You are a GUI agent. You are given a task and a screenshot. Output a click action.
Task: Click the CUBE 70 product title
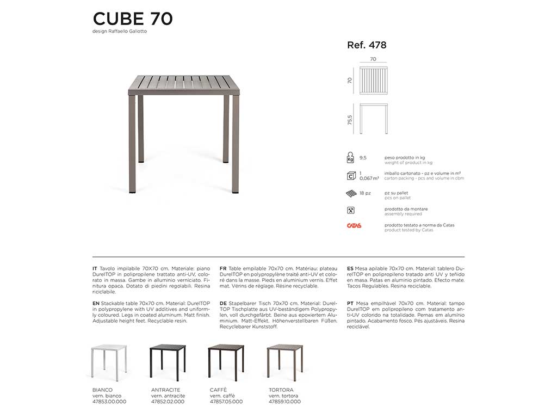click(x=133, y=19)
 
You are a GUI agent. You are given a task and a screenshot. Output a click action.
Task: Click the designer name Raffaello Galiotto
click(x=120, y=32)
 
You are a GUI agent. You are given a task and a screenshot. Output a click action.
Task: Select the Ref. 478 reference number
click(x=367, y=45)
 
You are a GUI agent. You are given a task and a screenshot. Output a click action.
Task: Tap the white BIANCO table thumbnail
click(x=109, y=362)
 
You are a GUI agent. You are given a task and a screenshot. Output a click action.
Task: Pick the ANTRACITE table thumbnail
click(x=167, y=362)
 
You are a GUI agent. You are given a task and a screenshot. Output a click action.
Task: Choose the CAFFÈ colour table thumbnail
click(x=226, y=362)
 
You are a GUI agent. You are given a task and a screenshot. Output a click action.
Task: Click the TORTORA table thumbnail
click(x=284, y=362)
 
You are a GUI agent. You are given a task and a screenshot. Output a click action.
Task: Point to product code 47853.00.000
click(x=109, y=402)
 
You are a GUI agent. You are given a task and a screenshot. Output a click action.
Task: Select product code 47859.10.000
click(x=284, y=402)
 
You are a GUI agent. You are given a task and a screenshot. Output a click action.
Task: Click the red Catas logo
click(x=354, y=225)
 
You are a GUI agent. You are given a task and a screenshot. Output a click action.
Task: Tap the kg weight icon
click(x=350, y=158)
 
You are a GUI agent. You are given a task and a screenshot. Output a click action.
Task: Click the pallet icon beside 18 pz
click(x=351, y=193)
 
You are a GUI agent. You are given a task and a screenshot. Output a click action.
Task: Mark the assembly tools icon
click(x=351, y=210)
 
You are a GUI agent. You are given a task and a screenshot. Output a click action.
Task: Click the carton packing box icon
click(x=351, y=176)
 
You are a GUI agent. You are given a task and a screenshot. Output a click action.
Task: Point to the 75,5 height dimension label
click(x=350, y=119)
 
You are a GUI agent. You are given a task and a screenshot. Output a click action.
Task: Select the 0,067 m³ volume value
click(x=369, y=178)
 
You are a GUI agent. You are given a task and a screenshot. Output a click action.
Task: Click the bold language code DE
click(x=223, y=303)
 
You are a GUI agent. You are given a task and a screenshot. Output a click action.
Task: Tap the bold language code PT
click(x=350, y=303)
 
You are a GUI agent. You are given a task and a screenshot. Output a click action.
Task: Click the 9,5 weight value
click(x=363, y=157)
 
